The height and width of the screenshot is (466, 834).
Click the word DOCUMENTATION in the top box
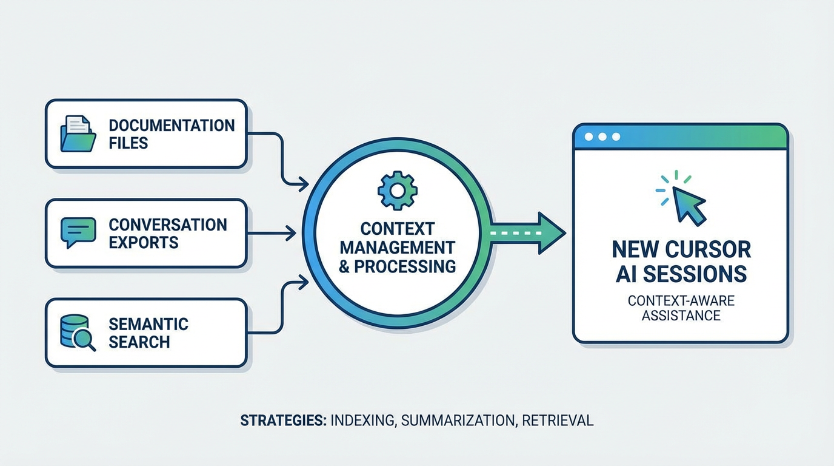coord(172,126)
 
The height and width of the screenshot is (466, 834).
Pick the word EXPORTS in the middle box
coord(144,243)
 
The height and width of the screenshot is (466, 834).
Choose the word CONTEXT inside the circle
coord(397,229)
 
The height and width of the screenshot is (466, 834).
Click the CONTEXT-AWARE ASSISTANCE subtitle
coord(681,308)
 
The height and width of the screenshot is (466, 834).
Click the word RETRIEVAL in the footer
coord(558,420)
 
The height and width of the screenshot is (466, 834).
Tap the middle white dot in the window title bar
coord(602,137)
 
